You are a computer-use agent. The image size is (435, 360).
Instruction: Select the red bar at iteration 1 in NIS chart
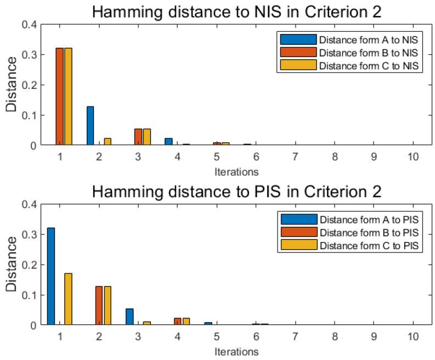coord(60,97)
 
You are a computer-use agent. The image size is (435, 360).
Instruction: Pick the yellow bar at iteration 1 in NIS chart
coord(68,97)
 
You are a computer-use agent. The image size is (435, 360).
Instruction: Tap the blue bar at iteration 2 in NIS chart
coord(91,126)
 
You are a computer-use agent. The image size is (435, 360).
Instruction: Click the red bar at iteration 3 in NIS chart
coord(138,137)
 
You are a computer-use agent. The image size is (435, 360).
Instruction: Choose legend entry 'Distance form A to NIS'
coord(362,40)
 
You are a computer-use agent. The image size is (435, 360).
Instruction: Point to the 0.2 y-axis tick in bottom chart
coord(30,265)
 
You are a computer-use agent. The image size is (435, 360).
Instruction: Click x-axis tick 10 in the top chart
coord(413,156)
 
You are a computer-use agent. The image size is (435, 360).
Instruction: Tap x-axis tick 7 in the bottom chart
coord(295,336)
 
